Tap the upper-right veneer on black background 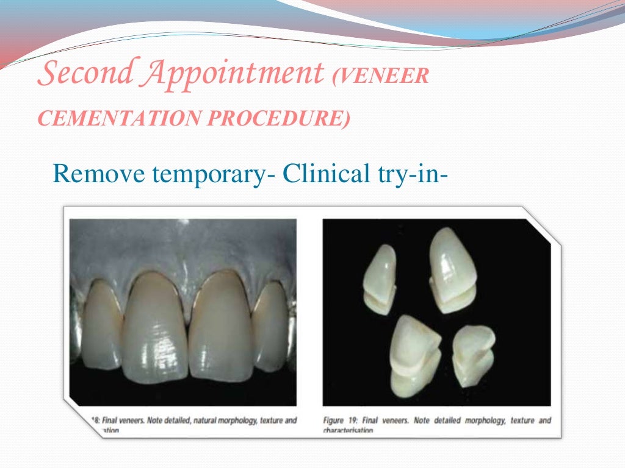pyautogui.click(x=453, y=272)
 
